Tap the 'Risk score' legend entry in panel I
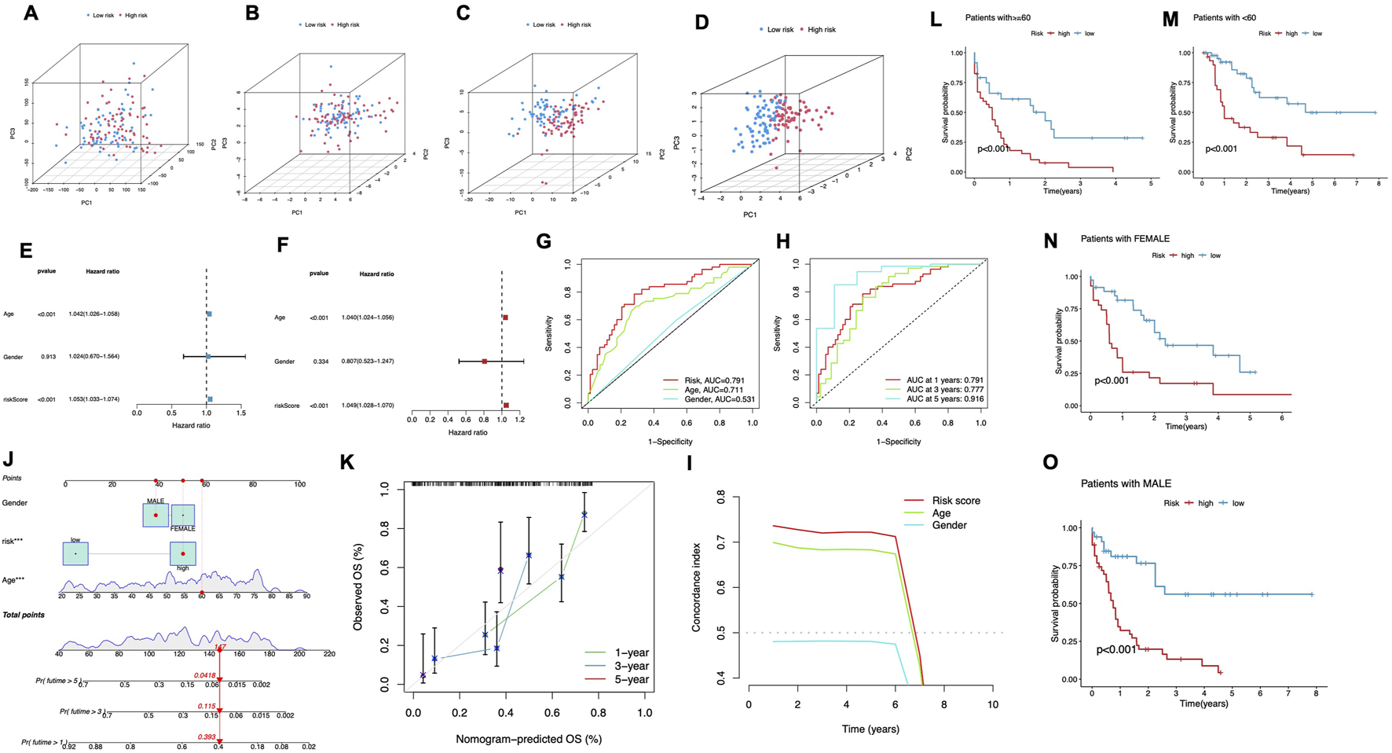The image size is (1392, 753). (955, 501)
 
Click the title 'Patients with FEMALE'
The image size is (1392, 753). (1125, 238)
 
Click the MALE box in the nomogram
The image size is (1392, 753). (156, 515)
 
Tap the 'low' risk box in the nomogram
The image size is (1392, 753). (75, 553)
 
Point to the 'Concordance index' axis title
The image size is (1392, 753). (696, 586)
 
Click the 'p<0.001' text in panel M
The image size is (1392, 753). (1221, 149)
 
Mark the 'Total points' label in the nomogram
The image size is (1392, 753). (24, 615)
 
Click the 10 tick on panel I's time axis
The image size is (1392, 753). (993, 705)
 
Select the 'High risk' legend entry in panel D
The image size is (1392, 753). (821, 30)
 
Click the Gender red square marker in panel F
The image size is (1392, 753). (485, 362)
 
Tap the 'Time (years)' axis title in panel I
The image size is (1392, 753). (870, 729)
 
